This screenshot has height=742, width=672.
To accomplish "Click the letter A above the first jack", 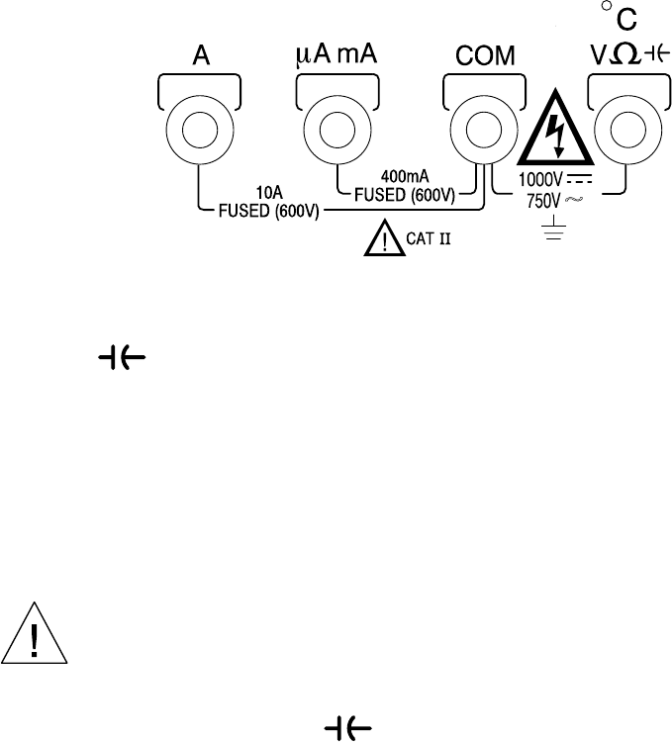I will point(199,57).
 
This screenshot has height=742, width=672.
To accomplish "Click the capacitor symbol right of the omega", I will point(643,56).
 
